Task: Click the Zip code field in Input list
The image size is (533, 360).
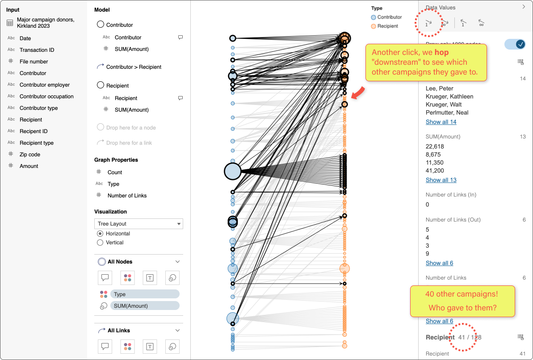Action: [29, 155]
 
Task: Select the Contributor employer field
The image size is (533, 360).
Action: [44, 85]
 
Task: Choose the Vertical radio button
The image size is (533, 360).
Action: [100, 243]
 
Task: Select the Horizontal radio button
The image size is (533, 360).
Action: [100, 234]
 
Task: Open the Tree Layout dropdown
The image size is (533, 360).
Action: [138, 224]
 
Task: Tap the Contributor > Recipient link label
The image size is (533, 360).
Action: [134, 67]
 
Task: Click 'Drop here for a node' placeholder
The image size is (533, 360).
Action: [130, 128]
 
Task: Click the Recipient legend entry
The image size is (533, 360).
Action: [387, 26]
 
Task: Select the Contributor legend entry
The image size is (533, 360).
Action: [389, 17]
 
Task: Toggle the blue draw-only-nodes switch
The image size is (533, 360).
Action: [515, 44]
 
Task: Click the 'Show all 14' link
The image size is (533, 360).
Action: [441, 122]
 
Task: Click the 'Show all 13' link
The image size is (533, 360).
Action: [441, 180]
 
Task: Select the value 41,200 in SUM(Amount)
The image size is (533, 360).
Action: [435, 171]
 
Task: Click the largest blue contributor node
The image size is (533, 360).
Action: [232, 171]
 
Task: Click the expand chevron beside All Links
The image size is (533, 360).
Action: [177, 331]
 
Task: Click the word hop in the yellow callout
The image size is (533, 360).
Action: [441, 53]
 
